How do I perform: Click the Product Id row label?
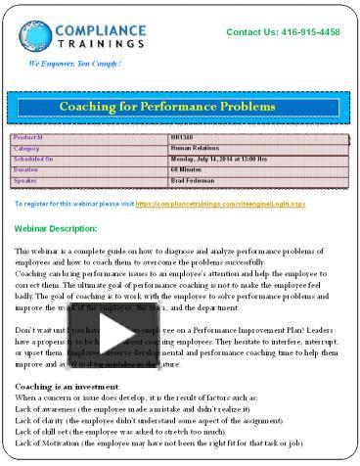tap(28, 138)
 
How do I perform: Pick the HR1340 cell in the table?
tap(182, 138)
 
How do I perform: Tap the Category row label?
tap(27, 148)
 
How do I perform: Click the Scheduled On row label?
tap(33, 158)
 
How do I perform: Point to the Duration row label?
tap(26, 168)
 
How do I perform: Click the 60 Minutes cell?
tap(188, 168)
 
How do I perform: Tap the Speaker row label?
tap(25, 179)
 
